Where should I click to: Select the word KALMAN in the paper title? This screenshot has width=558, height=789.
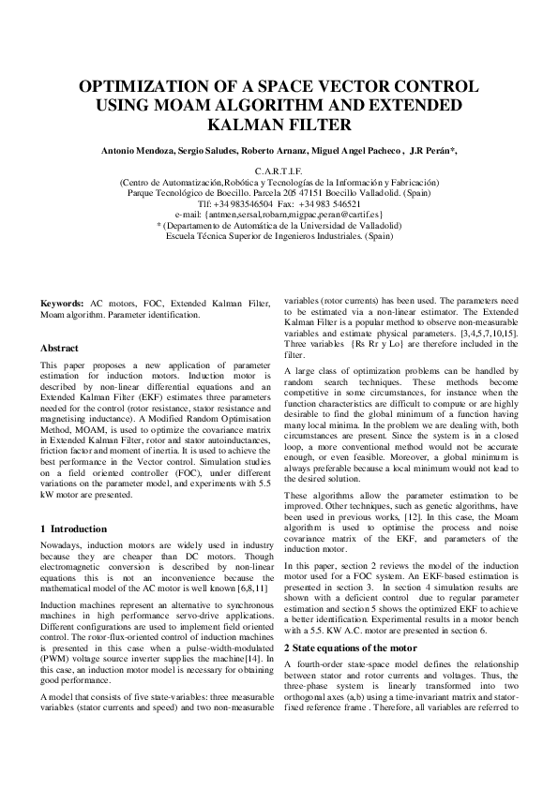coord(249,124)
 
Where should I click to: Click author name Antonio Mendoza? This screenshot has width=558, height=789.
coord(133,151)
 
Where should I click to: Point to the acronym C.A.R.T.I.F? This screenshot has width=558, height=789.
coord(279,171)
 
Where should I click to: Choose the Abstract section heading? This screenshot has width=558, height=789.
coord(59,348)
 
